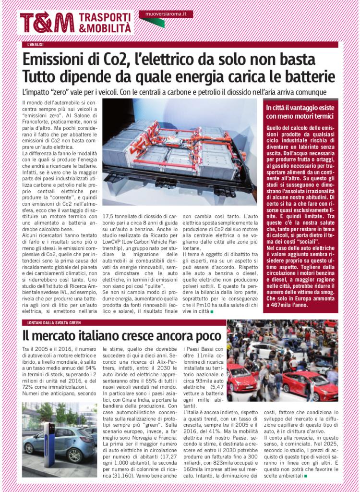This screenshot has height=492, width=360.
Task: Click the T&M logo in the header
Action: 47,23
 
